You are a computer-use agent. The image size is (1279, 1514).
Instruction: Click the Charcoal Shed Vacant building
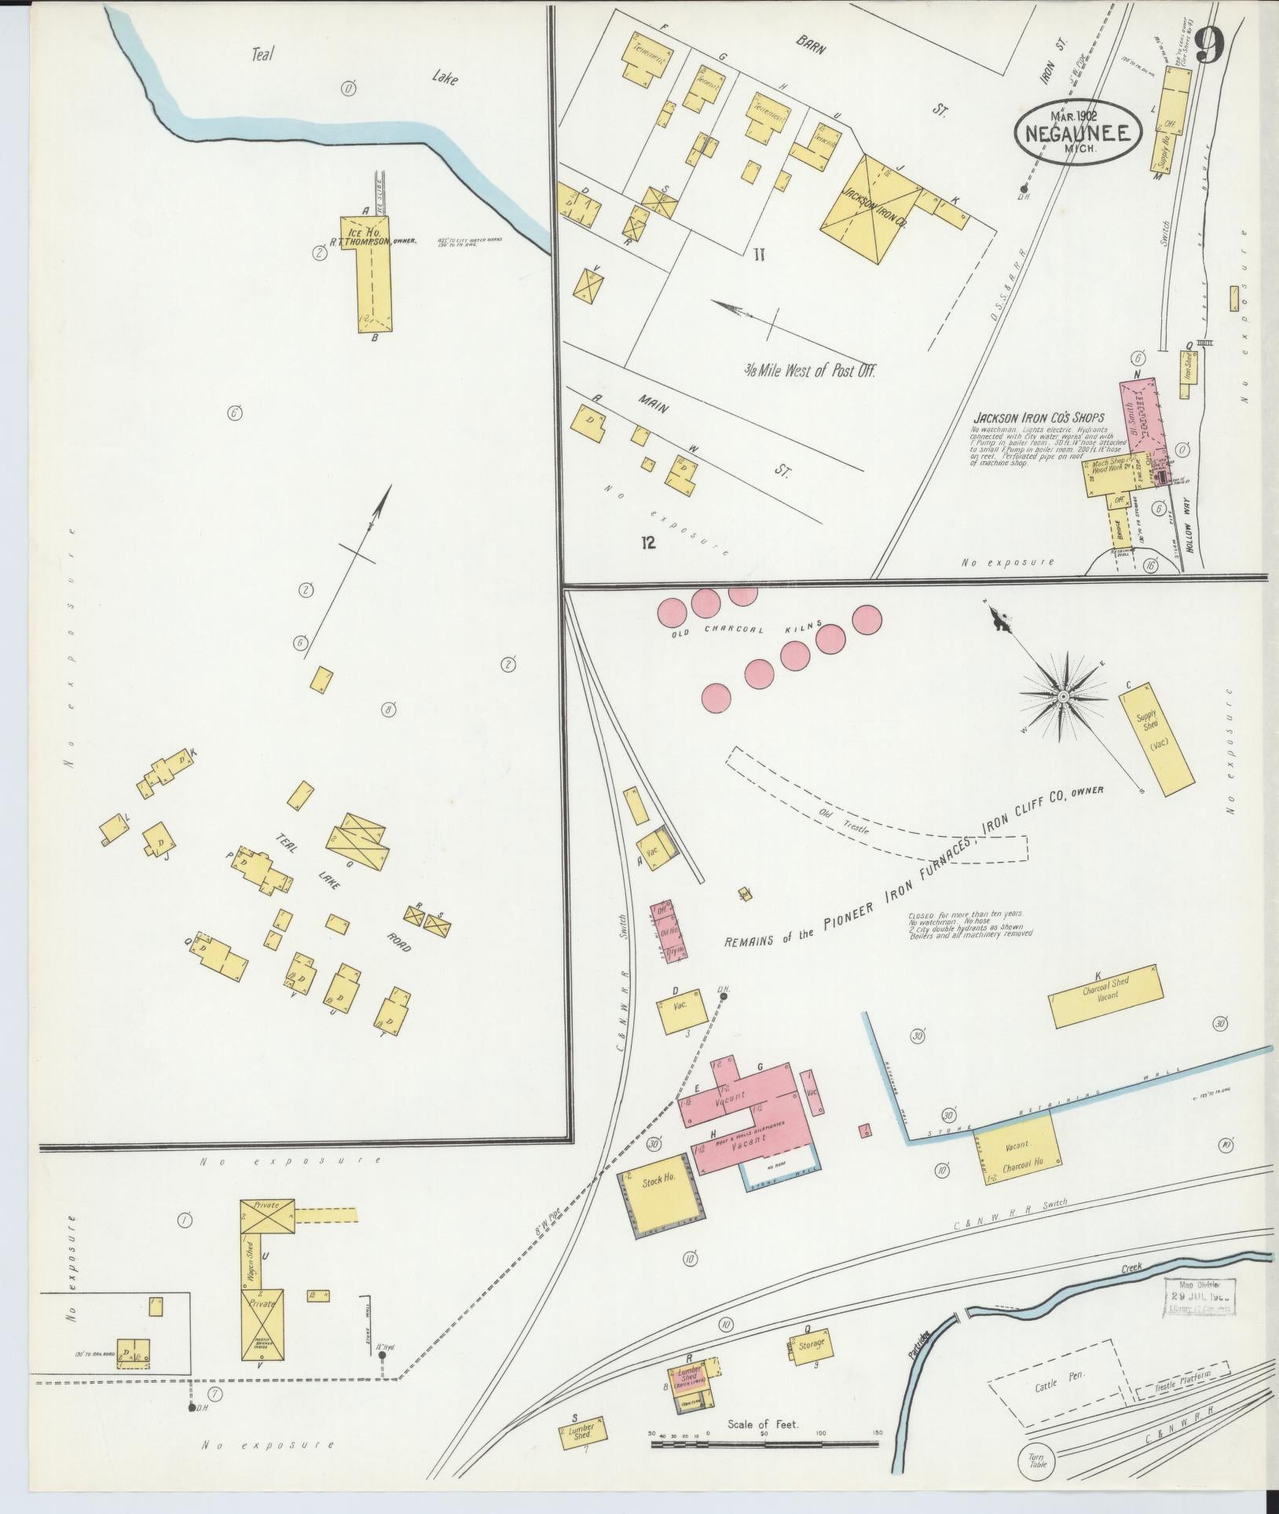[1105, 995]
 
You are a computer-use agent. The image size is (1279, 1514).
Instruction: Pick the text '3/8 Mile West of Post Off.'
[809, 371]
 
